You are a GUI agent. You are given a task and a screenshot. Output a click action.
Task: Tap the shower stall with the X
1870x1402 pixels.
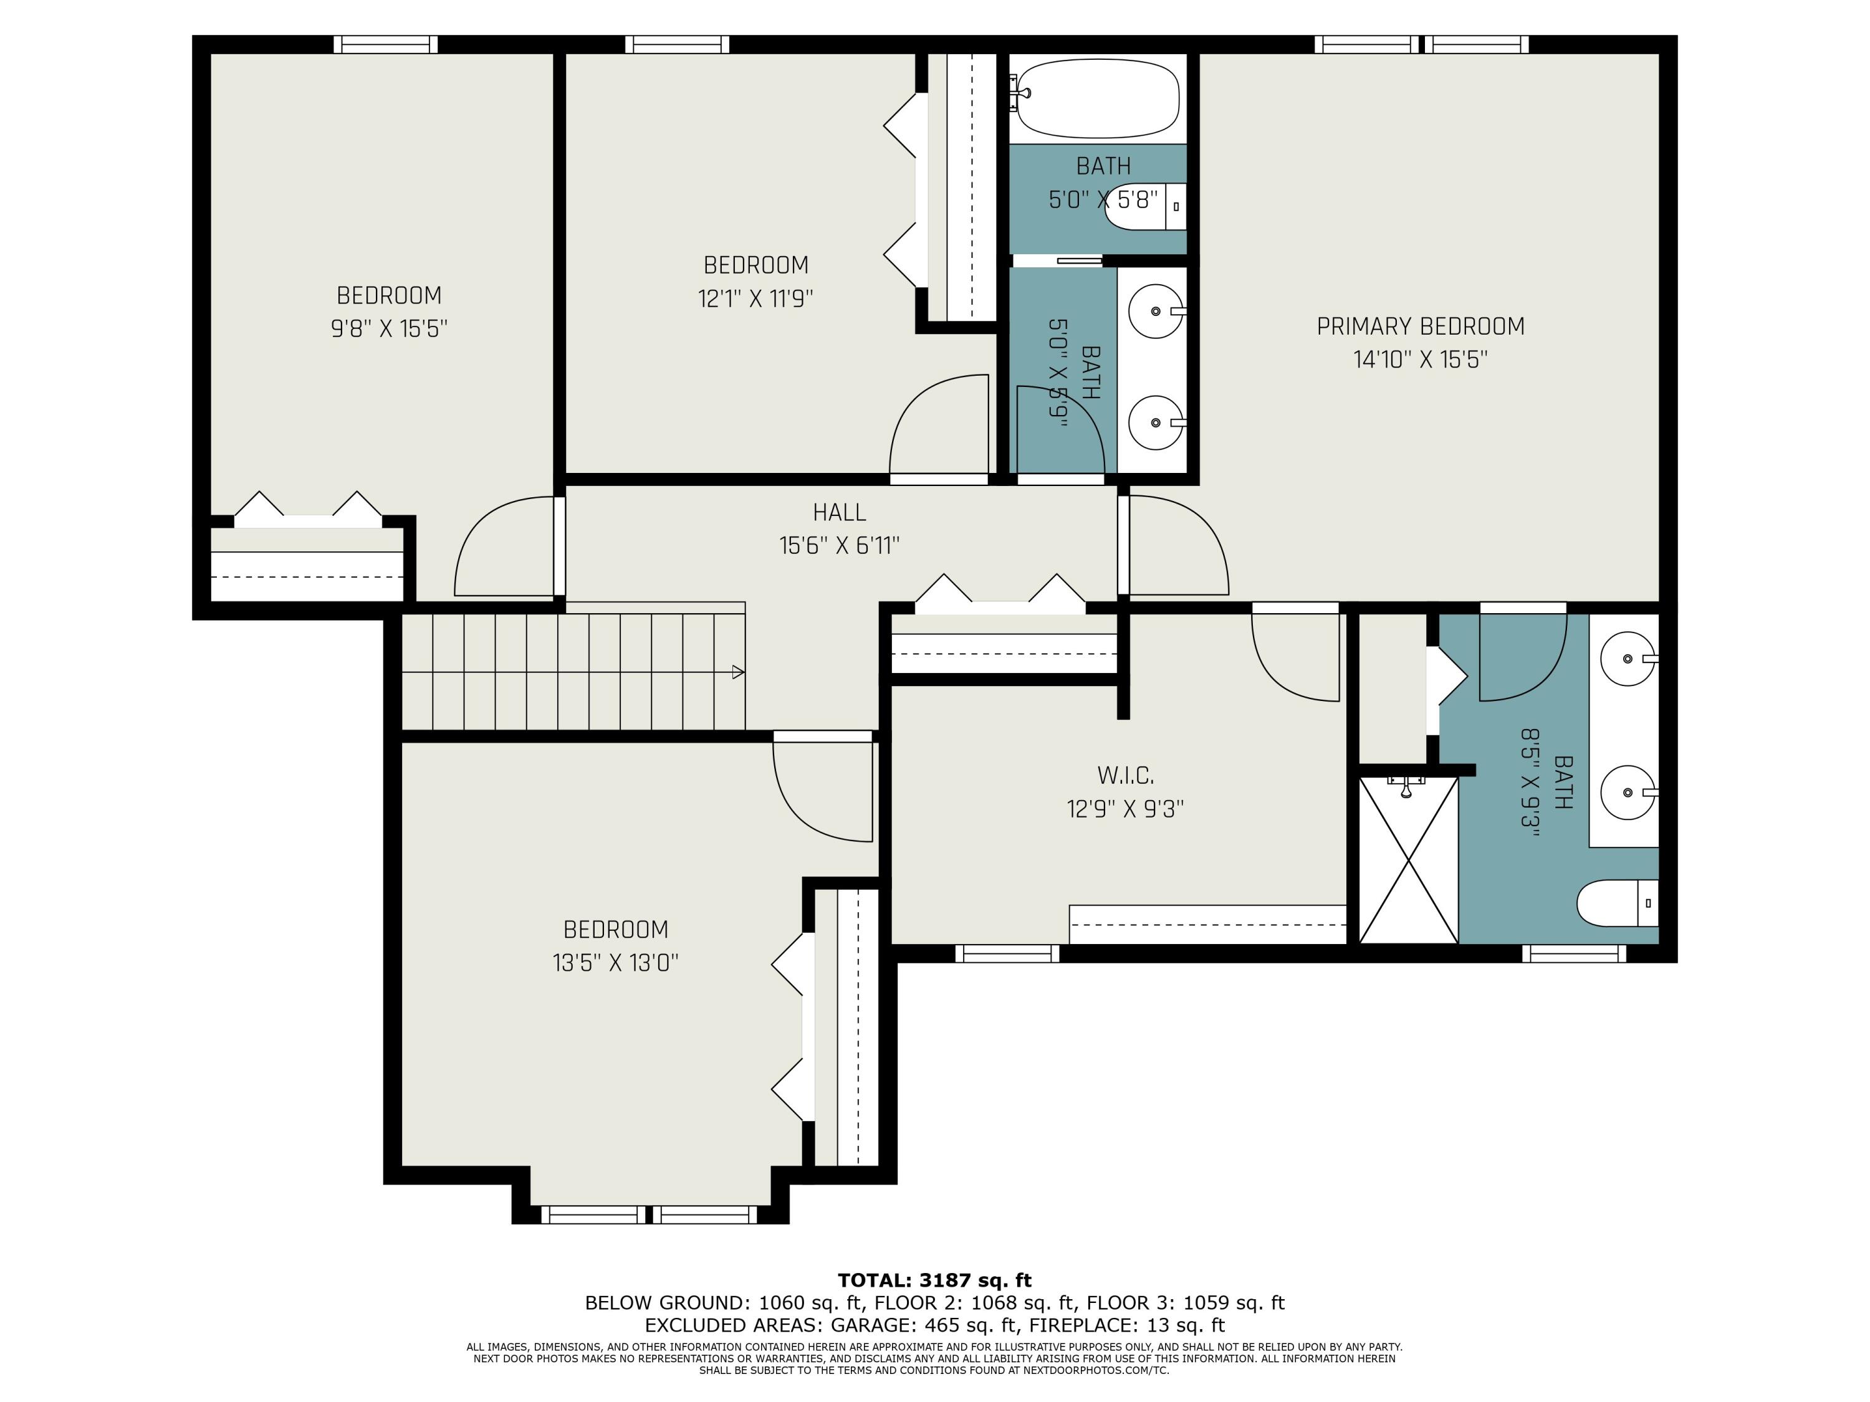(1408, 859)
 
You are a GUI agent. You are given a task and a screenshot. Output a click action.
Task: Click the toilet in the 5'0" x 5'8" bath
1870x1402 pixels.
(1146, 206)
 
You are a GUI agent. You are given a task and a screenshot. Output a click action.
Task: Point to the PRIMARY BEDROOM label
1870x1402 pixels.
(1420, 327)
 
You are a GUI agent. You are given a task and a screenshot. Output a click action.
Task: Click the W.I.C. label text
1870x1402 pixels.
(1125, 775)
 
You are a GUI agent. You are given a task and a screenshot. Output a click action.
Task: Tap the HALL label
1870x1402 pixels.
(840, 512)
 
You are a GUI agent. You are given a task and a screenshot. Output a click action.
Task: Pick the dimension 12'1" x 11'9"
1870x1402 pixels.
(755, 298)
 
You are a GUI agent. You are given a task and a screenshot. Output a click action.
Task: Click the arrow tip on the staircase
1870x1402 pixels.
(744, 673)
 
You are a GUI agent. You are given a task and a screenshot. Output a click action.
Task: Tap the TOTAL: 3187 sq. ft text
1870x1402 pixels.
(934, 1280)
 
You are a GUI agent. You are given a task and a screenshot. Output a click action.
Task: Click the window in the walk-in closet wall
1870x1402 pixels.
(1007, 953)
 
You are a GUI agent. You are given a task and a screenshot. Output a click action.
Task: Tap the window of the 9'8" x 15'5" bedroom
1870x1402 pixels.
(385, 44)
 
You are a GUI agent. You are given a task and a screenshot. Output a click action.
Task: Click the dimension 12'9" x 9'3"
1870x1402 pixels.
(1125, 809)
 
